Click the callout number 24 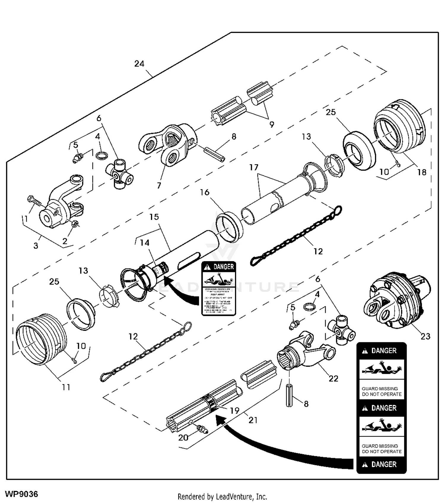pos(139,64)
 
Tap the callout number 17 pos(254,168)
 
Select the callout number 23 pos(425,336)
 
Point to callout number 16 pos(204,192)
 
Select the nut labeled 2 pos(75,224)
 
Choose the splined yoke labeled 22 pos(306,353)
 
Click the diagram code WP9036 pos(22,494)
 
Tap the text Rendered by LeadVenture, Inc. pos(222,496)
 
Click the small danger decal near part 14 pos(219,288)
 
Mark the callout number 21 pos(253,420)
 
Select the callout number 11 pos(66,387)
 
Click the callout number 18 pos(422,172)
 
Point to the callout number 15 pos(154,217)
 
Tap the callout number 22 pos(333,379)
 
